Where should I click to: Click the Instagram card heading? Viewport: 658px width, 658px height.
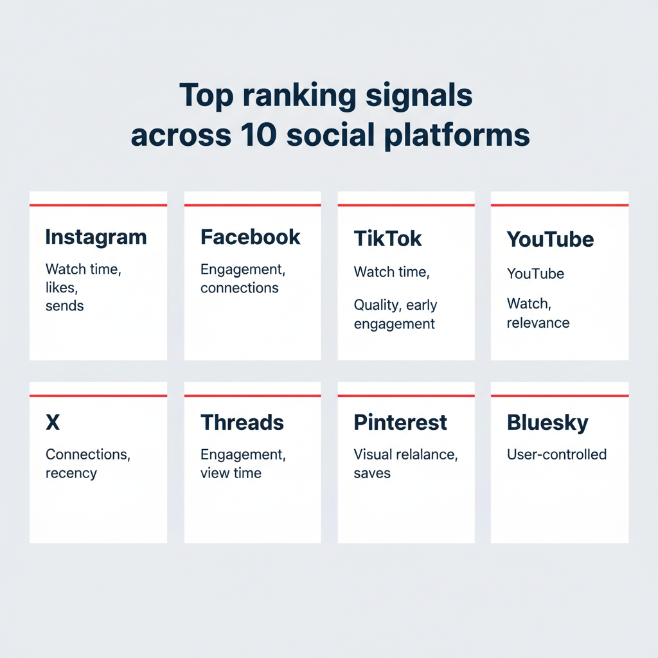point(96,237)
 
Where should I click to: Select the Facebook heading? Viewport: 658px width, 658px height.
point(250,237)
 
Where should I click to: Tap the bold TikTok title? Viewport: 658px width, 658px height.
point(387,238)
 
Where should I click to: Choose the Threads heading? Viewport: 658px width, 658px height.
point(242,422)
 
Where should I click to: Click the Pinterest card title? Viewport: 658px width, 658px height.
point(400,422)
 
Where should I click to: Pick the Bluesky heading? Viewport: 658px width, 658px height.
point(547,422)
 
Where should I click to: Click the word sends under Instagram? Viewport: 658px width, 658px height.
point(64,306)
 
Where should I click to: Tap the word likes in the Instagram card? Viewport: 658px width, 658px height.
point(60,288)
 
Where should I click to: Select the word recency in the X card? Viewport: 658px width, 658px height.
point(71,474)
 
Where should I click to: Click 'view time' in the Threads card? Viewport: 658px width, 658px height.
point(231,474)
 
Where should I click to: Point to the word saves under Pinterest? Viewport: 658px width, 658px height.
point(372,474)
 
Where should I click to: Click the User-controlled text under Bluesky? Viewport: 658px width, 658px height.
point(556,454)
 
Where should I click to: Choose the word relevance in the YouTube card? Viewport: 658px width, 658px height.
point(538,323)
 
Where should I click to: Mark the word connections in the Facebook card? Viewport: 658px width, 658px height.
point(239,288)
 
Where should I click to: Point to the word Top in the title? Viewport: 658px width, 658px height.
point(204,95)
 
